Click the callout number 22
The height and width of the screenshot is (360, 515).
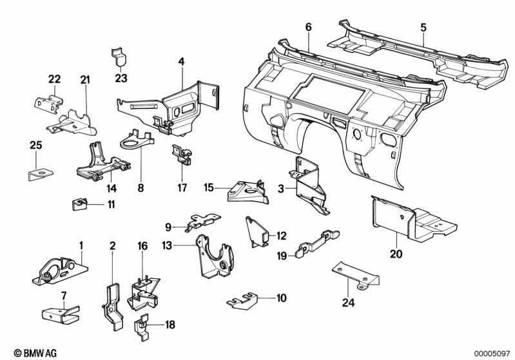pos(54,79)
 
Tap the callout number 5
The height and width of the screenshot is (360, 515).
pos(423,27)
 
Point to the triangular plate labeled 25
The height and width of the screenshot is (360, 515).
pos(39,173)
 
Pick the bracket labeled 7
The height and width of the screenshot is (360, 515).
pos(60,314)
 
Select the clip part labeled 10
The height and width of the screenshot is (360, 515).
pos(243,298)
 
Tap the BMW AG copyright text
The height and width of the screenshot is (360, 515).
pos(31,352)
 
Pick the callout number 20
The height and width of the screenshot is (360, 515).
pos(396,254)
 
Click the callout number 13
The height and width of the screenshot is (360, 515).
pos(168,245)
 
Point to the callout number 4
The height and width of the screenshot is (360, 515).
pos(181,62)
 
